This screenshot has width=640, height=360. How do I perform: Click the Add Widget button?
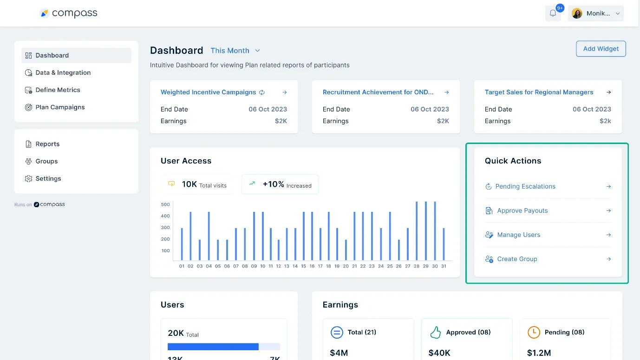[x=601, y=49]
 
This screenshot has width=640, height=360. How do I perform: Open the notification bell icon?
[x=553, y=13]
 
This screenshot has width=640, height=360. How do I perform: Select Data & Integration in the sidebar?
[x=63, y=72]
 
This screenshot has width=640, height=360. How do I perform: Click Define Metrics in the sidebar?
[x=58, y=90]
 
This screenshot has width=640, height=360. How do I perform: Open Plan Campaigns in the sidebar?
[x=60, y=107]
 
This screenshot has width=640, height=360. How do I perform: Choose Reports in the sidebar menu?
[x=47, y=144]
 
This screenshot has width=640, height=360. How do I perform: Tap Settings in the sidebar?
[x=48, y=178]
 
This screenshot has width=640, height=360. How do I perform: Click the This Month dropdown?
[x=235, y=51]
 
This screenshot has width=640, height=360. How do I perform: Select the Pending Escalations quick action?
[x=525, y=186]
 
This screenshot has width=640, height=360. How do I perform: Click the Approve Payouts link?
[x=522, y=210]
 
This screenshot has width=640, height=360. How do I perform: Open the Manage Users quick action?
[x=518, y=235]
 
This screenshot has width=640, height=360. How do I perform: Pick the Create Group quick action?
[x=517, y=259]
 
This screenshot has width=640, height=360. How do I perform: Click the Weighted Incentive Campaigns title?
[x=208, y=92]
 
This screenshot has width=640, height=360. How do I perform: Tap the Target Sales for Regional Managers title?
[x=539, y=92]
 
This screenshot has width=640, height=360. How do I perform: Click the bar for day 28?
[x=417, y=231]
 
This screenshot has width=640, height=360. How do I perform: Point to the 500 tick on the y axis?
[x=165, y=204]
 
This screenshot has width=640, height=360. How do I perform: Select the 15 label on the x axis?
[x=303, y=266]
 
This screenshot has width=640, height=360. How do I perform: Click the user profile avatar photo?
[x=577, y=13]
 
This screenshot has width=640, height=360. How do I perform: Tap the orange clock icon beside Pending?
[x=534, y=332]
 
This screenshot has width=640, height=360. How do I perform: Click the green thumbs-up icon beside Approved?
[x=435, y=332]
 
